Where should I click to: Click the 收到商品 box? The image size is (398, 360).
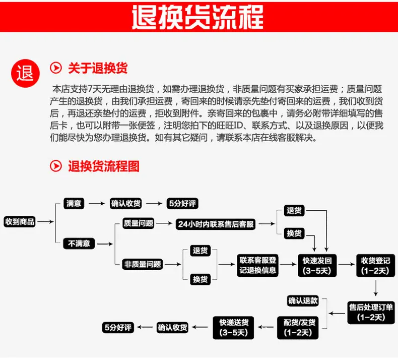pos(20,221)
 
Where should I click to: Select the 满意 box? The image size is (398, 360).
pos(74,203)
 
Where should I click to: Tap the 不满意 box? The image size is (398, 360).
pos(79,244)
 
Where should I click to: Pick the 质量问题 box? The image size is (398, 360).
pos(139,223)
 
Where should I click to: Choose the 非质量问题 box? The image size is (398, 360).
pos(143,264)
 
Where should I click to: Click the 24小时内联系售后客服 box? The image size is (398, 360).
pos(216,224)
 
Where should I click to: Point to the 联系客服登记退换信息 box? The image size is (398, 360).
pos(257,265)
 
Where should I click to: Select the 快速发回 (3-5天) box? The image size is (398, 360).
pos(317,265)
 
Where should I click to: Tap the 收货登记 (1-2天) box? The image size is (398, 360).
pos(376,265)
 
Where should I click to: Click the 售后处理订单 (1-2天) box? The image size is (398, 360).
pos(371,313)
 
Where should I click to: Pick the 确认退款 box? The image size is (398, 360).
pos(303,301)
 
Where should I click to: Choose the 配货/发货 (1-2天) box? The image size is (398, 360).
pos(298,328)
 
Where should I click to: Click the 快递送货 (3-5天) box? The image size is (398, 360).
pos(234,328)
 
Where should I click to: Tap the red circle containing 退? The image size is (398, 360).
pos(25,73)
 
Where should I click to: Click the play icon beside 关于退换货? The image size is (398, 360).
pos(56,68)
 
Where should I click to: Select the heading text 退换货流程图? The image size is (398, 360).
pos(104,166)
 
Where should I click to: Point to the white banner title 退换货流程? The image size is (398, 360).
pos(197,17)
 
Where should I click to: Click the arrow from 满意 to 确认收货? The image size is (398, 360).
pos(97,204)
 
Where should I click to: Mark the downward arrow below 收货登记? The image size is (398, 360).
pos(376,288)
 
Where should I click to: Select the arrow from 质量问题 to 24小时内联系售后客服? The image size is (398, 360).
pos(164,223)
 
